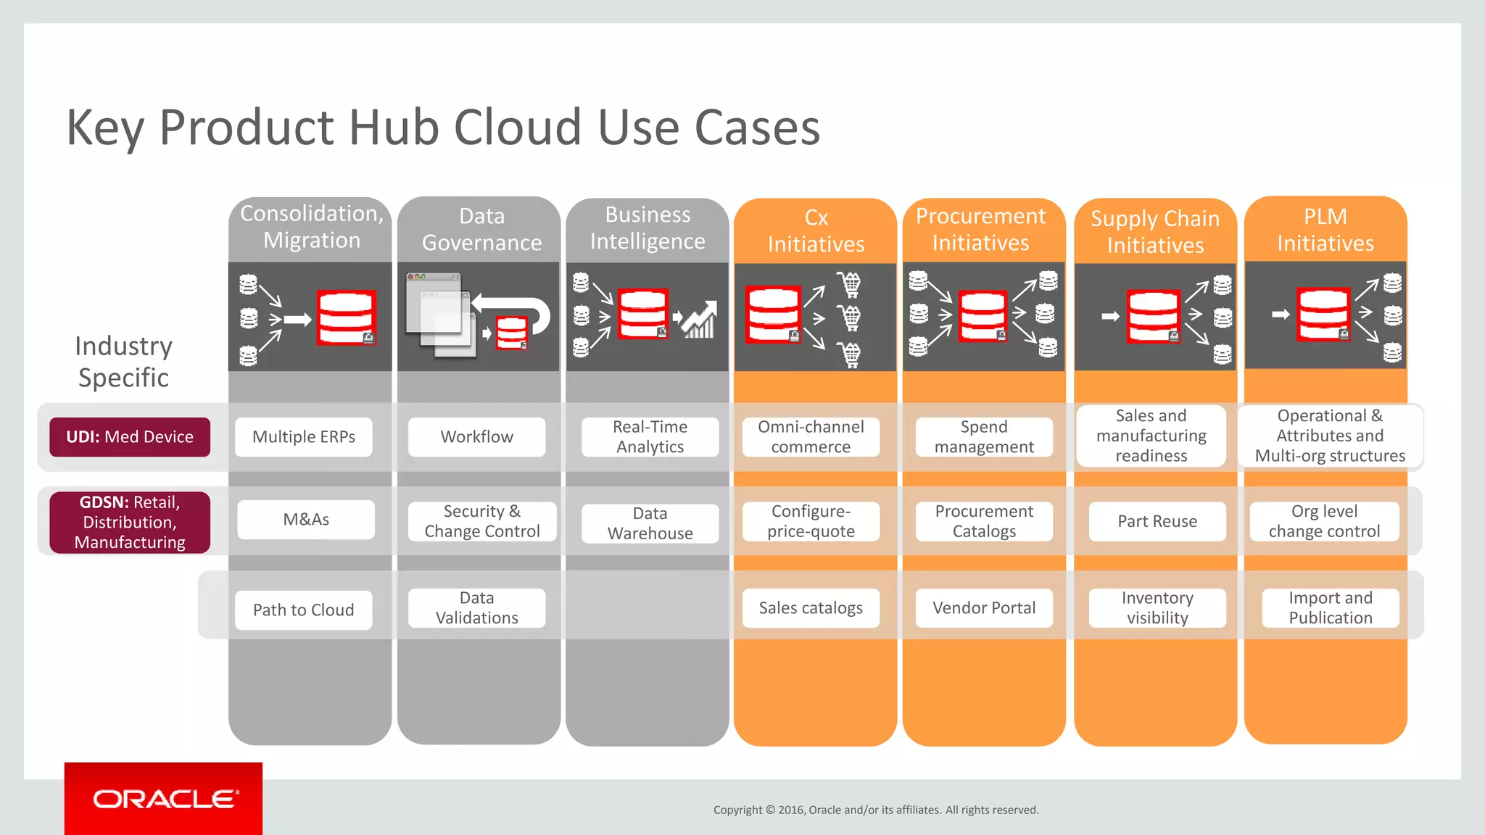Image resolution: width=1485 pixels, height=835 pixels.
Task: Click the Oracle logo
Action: coord(164,799)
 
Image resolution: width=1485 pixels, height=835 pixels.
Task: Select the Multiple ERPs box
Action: coord(304,437)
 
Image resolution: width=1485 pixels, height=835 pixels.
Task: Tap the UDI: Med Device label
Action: coord(130,437)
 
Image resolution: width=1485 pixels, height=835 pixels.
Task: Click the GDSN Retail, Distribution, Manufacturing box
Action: coord(130,522)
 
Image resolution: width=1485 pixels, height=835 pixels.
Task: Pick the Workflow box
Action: coord(476,437)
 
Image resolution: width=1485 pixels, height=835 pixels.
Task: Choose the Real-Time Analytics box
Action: coord(650,437)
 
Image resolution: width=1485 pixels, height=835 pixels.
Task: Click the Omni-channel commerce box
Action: coord(811,437)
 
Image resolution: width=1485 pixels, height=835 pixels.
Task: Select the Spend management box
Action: coord(984,437)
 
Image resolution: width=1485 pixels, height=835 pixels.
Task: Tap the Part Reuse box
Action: coord(1157,521)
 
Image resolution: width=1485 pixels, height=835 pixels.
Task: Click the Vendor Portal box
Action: coord(984,607)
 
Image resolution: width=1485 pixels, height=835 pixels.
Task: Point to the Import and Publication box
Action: coord(1331,607)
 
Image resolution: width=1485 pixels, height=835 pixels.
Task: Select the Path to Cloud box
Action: coord(304,610)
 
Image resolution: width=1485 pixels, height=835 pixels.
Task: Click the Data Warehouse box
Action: coord(650,523)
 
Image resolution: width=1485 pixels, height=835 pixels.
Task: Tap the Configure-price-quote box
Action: coord(811,521)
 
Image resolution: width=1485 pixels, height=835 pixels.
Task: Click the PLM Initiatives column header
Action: coord(1325,230)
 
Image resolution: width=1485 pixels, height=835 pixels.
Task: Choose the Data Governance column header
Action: coord(481,230)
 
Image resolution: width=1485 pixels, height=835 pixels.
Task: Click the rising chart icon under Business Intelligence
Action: coord(699,320)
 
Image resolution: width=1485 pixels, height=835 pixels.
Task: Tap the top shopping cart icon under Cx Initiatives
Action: coord(850,283)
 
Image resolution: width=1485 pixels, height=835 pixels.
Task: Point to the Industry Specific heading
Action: coord(124,362)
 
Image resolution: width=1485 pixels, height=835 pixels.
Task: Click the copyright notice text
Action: coord(876,810)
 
